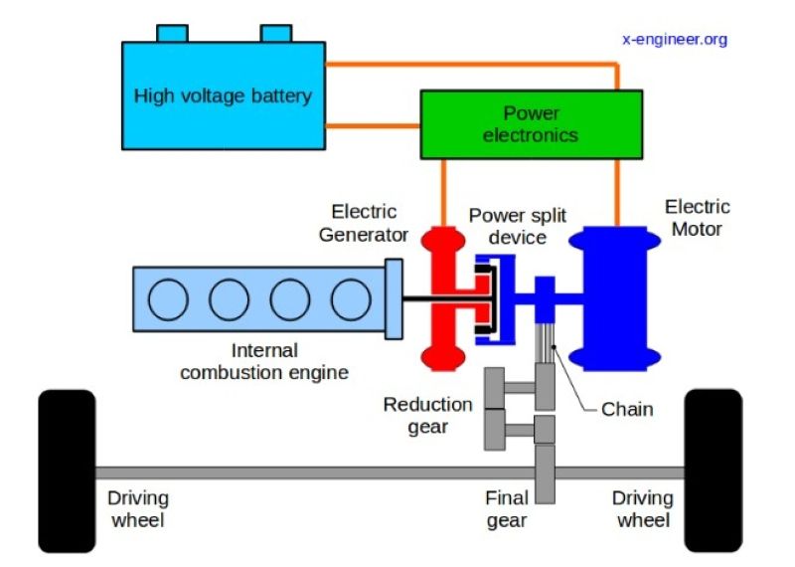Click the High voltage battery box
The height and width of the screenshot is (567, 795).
tap(223, 97)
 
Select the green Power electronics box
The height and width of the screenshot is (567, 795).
tap(530, 124)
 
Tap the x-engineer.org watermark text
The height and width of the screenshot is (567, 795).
tap(675, 40)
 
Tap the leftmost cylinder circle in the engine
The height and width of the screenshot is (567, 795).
tap(168, 298)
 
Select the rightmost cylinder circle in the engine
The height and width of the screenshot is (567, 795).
tap(350, 298)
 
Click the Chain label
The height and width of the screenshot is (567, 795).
tap(627, 409)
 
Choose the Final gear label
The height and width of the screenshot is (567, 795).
tap(506, 508)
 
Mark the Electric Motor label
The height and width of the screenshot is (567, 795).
tap(697, 218)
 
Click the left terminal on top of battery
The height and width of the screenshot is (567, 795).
tap(172, 33)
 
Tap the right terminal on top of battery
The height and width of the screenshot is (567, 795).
tap(277, 33)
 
